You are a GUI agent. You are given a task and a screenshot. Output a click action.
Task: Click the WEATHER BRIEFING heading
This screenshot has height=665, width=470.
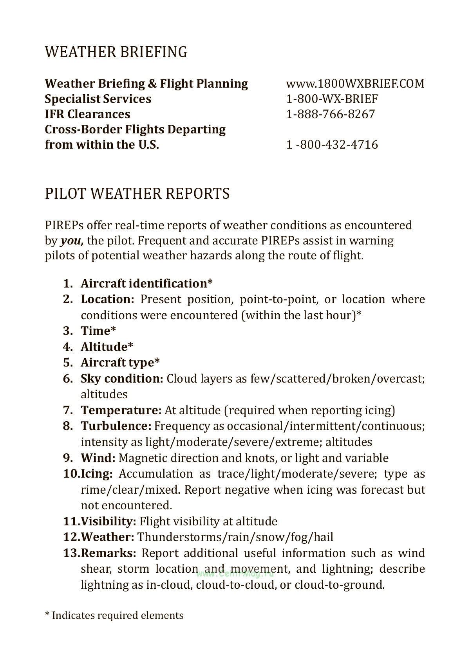point(116,52)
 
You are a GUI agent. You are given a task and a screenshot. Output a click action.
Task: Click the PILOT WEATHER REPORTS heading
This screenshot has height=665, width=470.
point(137,194)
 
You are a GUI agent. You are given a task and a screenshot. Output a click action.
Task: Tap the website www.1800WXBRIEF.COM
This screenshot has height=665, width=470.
point(355,83)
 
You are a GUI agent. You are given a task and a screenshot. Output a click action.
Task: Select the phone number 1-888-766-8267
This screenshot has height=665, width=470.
point(331,114)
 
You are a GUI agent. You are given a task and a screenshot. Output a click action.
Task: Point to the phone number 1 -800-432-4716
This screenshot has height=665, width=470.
point(332,145)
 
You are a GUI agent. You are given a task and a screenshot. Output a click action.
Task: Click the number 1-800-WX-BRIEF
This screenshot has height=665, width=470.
point(332,99)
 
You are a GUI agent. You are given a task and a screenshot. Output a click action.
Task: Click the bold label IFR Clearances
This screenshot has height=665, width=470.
point(87,114)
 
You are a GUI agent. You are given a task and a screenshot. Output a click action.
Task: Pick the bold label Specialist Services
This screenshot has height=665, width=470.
point(98,99)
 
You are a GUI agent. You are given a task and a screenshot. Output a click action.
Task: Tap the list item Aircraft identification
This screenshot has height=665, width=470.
point(146,283)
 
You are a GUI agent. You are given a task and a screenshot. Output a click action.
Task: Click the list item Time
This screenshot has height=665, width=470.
point(98,331)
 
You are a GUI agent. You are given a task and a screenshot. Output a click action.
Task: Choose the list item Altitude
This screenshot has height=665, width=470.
point(107,347)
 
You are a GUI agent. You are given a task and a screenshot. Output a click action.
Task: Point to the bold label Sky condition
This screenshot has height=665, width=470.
point(121,379)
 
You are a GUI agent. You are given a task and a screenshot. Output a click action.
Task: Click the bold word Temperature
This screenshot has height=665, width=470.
point(121,410)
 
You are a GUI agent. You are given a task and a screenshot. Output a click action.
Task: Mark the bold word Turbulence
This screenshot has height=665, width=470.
point(116,426)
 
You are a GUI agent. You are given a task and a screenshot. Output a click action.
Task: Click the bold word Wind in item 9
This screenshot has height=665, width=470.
point(98,458)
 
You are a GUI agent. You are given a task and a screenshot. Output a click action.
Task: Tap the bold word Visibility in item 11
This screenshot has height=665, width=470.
point(108,521)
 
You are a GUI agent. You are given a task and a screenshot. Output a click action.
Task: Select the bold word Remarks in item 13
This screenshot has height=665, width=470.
point(108,553)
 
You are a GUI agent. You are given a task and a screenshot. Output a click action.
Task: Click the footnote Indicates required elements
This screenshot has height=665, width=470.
point(117,615)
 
